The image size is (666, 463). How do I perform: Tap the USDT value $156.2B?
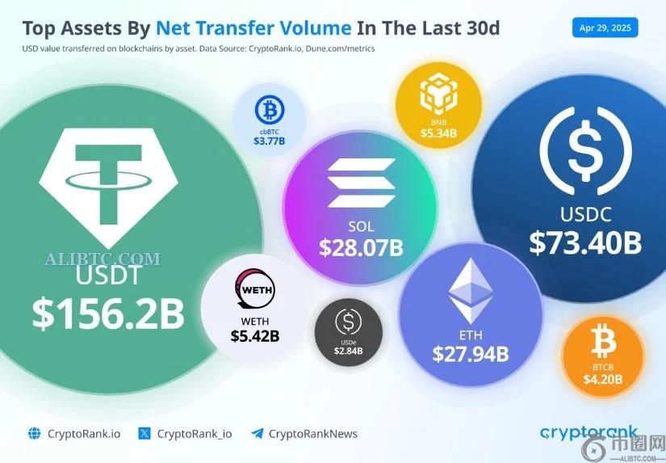click(108, 314)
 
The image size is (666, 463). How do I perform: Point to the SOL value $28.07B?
click(360, 247)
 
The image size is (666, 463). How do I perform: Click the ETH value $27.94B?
click(470, 353)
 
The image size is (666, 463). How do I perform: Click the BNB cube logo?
click(438, 95)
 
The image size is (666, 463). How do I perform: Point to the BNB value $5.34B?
click(438, 133)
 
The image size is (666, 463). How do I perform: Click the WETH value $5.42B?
click(254, 336)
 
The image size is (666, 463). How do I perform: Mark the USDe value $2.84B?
click(350, 350)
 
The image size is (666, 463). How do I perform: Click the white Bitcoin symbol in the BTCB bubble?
click(603, 343)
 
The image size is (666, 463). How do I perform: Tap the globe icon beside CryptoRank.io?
click(34, 433)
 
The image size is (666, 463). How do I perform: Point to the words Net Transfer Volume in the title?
click(253, 28)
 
